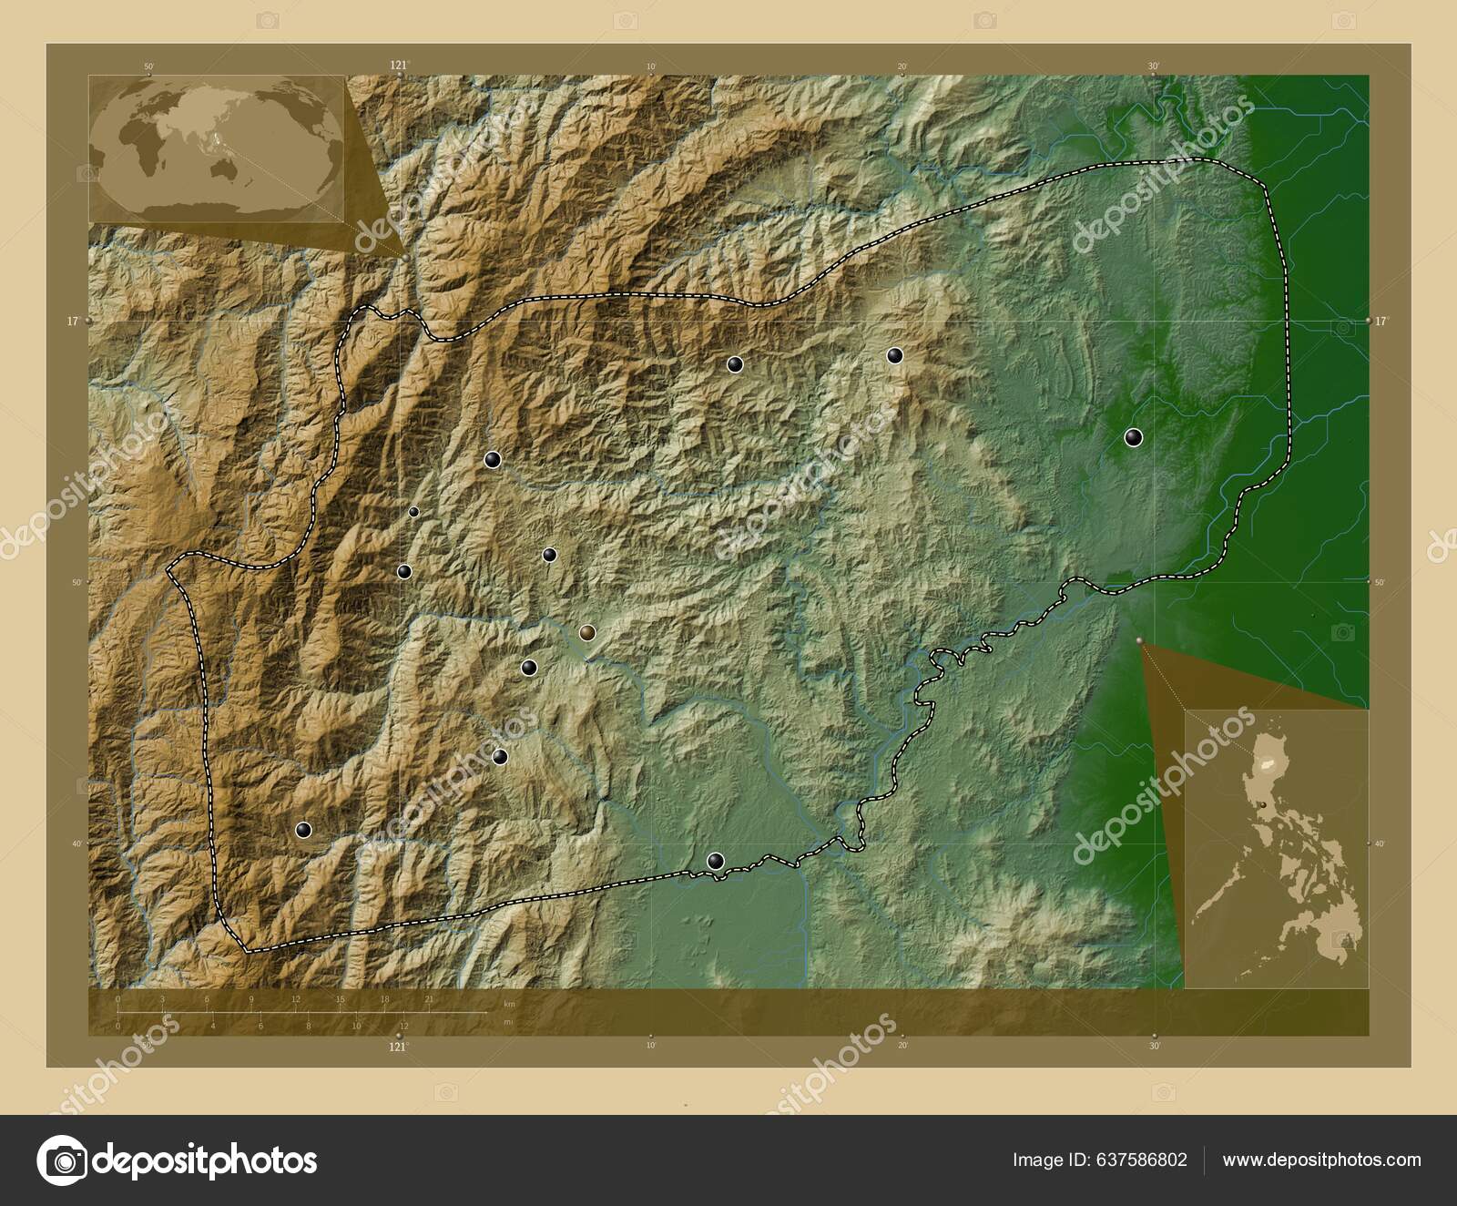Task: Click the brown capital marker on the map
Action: coord(587,632)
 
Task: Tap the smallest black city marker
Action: coord(413,512)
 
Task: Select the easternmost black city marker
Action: coord(1133,438)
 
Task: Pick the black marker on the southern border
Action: coord(716,861)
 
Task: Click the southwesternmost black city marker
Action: coord(303,830)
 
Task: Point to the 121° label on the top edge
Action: coord(398,65)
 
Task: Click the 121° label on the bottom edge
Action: coord(398,1048)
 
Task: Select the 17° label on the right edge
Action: coord(1382,321)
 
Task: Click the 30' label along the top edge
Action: coord(1153,66)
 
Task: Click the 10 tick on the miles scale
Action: coord(356,1026)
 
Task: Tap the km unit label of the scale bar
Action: coord(508,1004)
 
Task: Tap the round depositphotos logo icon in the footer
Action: coord(61,1160)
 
